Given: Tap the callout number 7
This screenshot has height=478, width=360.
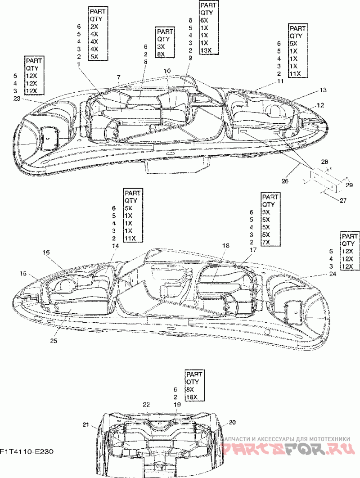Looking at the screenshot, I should coord(118,78).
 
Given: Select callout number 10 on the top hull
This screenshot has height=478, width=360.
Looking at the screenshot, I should coord(167,71).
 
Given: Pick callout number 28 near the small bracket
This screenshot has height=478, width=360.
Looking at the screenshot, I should coord(324,161).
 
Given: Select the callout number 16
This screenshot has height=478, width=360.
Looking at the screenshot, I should coord(46,253).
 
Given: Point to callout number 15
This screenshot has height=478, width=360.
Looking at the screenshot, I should coord(23,273).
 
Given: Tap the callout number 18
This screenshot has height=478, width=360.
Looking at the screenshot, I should coord(225,245).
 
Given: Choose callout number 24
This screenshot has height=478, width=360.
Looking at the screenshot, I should coord(332,274).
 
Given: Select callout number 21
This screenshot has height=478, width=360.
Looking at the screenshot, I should coord(86,424).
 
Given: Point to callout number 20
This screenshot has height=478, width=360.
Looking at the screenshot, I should coord(232,422).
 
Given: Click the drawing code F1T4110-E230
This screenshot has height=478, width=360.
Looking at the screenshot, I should coord(24,451).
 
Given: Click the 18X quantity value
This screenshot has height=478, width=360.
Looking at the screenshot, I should coord(191,397).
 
